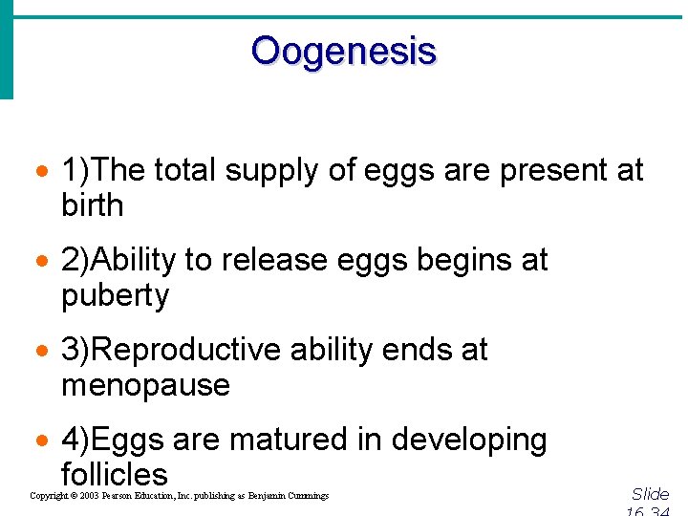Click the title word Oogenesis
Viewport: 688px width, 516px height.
tap(343, 51)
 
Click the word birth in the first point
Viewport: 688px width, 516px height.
tap(92, 205)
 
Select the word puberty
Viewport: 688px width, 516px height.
tap(115, 296)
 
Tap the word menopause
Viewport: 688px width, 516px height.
tap(145, 386)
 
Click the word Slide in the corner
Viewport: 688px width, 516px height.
tap(650, 494)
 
